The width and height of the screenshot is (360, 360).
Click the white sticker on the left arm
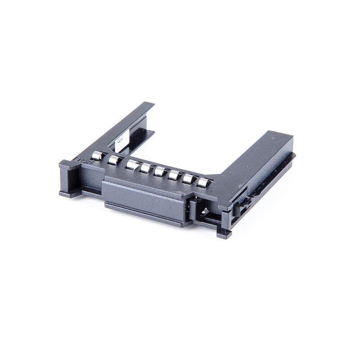[119, 143]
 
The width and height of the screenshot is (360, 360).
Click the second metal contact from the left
[114, 160]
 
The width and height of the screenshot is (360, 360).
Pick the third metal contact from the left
[132, 164]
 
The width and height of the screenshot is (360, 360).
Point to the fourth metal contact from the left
[146, 168]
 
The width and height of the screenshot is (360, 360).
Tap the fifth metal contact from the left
[160, 171]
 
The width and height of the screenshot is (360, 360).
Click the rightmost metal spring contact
[204, 182]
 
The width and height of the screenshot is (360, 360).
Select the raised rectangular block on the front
[144, 198]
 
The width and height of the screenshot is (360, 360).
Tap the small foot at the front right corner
[224, 234]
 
